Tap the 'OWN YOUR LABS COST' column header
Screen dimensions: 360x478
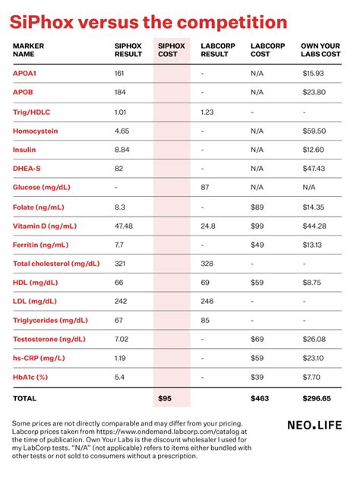[321, 50]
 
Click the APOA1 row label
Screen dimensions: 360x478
[24, 74]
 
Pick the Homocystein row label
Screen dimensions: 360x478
[35, 131]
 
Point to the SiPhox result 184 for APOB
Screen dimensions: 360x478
[120, 93]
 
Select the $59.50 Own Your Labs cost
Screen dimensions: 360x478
[314, 131]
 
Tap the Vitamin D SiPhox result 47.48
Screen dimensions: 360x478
[124, 226]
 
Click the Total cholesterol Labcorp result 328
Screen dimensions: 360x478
[207, 264]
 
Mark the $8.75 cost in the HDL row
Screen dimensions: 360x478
[311, 283]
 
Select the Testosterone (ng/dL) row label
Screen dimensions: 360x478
[49, 340]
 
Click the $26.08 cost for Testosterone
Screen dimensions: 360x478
[314, 340]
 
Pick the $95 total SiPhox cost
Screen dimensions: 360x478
[166, 398]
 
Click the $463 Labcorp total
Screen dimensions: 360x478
[259, 398]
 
